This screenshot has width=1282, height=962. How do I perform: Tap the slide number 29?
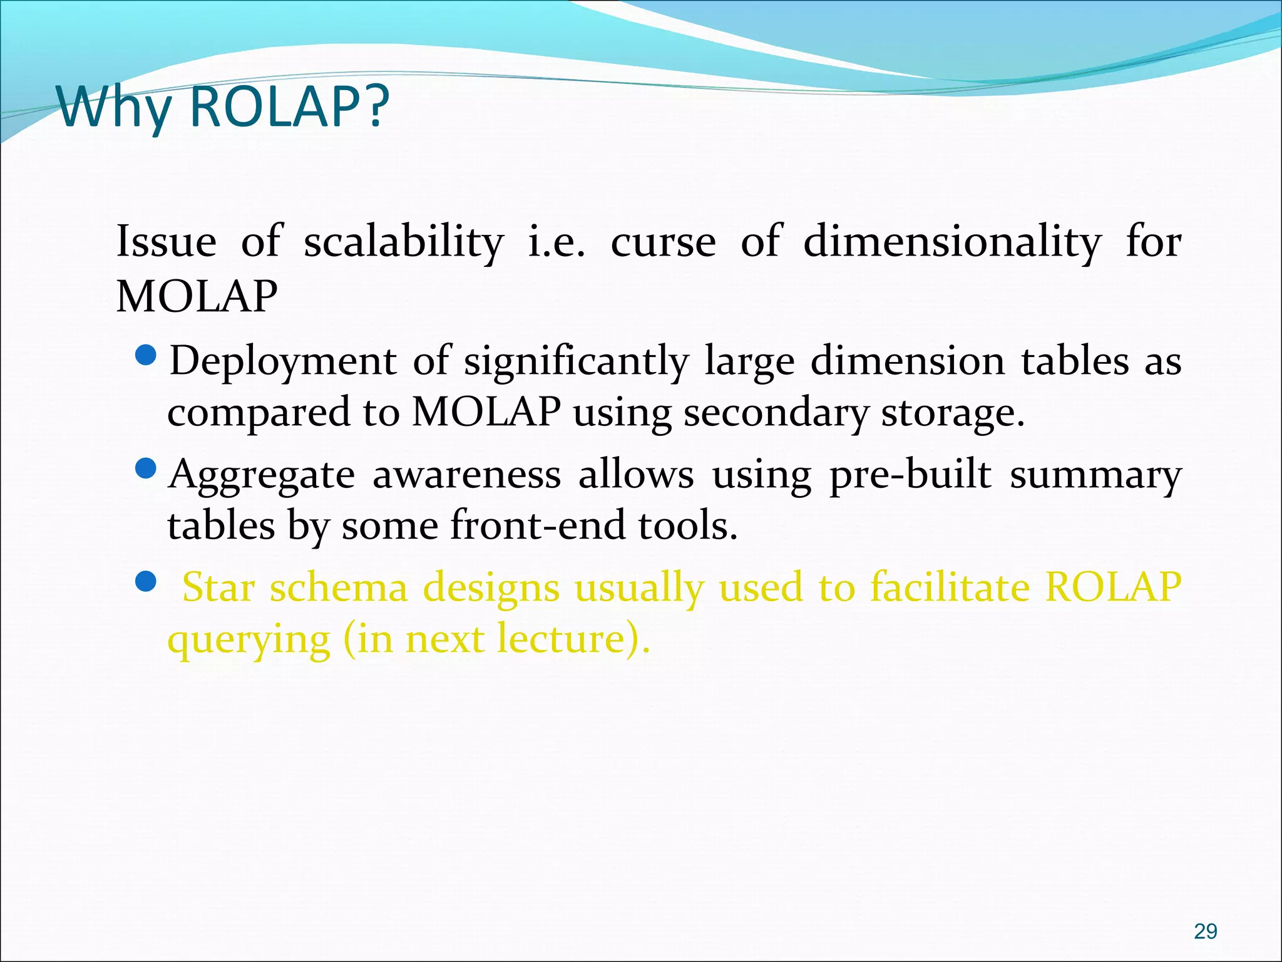[1205, 931]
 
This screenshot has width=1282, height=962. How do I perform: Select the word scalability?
[403, 242]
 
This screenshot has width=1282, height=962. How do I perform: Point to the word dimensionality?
[951, 242]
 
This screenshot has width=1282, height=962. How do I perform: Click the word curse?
[663, 242]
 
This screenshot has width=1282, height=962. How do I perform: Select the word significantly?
[576, 363]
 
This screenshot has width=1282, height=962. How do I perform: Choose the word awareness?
[466, 475]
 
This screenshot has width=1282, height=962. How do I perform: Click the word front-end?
[538, 525]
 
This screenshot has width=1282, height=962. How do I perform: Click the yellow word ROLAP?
[1113, 587]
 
